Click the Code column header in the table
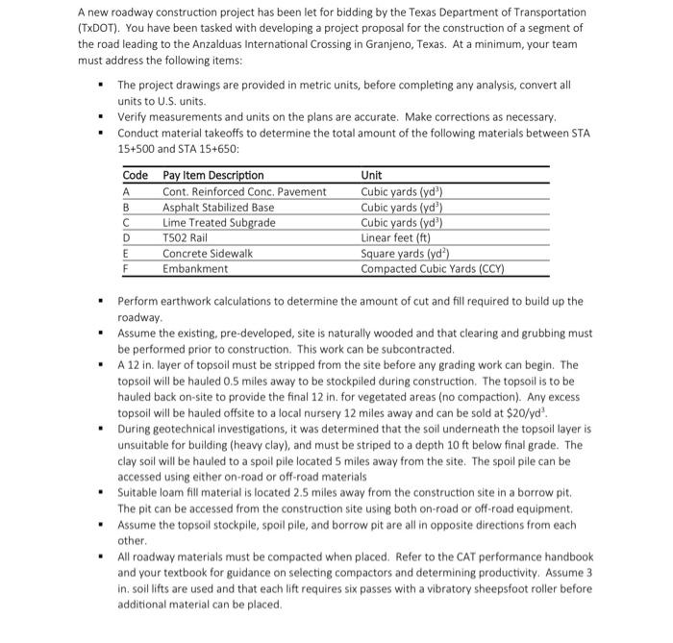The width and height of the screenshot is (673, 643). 136,175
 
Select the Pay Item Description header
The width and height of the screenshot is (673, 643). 213,175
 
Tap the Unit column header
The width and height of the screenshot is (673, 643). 371,175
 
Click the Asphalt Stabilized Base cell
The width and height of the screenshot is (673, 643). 218,207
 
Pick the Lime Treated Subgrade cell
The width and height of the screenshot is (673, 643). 218,222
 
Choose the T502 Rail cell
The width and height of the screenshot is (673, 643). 186,237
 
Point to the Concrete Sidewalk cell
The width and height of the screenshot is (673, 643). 208,253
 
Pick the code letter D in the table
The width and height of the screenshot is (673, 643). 129,237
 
